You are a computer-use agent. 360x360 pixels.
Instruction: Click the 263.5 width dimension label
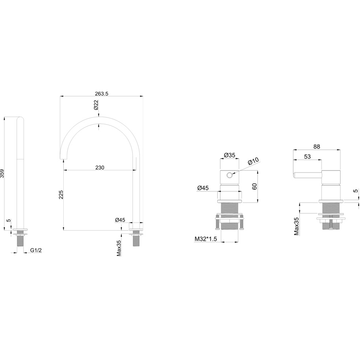point(102,93)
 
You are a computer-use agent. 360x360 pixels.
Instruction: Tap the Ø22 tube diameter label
point(96,105)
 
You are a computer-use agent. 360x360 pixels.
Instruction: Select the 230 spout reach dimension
point(100,168)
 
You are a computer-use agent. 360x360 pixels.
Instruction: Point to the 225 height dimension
point(61,194)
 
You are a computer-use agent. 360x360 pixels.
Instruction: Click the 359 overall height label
point(2,173)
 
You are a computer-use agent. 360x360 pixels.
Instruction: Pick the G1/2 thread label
point(36,250)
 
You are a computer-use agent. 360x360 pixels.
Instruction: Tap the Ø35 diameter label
point(229,155)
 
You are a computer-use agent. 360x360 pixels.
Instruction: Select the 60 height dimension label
point(254,186)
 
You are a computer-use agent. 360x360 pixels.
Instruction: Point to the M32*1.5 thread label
point(206,239)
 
